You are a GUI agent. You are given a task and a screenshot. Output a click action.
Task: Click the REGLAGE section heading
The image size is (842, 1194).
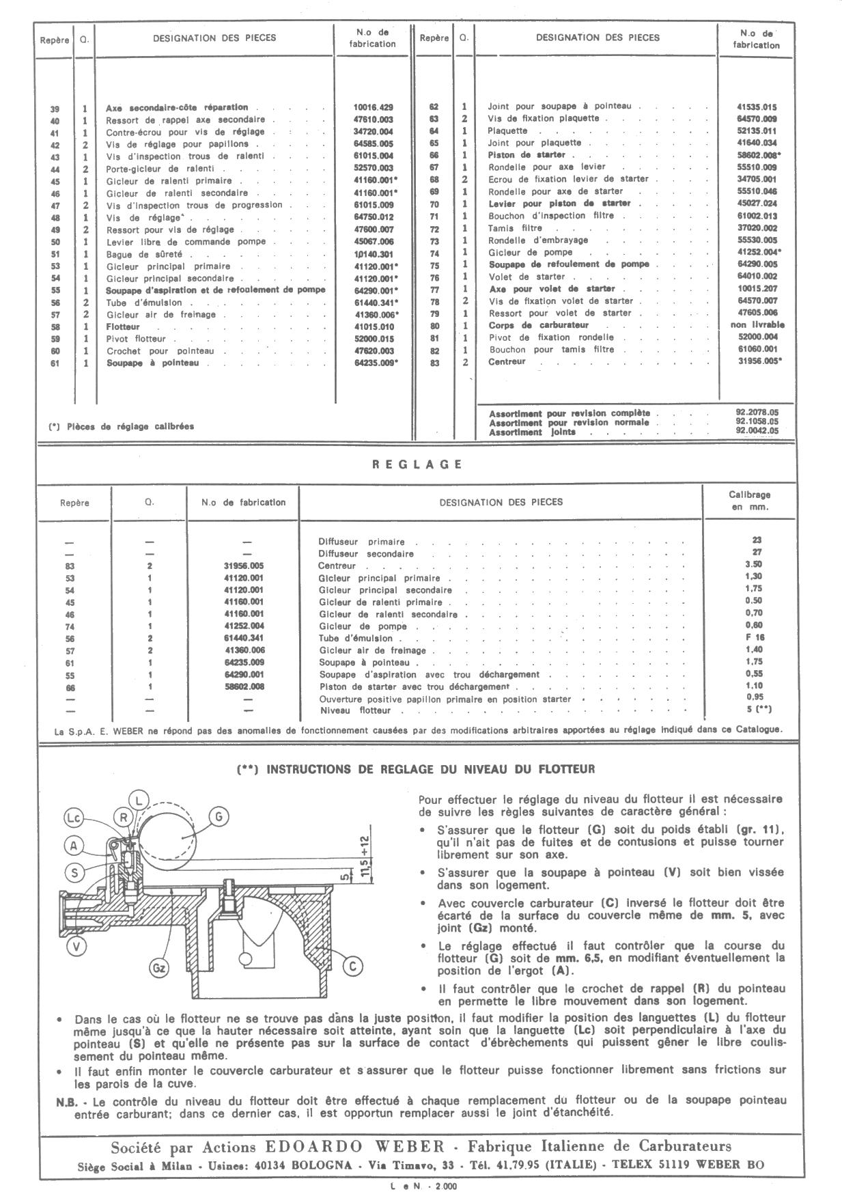417,464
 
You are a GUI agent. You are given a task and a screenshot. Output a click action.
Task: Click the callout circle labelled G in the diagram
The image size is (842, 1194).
219,817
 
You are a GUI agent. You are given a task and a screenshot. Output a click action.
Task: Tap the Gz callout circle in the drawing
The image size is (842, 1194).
159,968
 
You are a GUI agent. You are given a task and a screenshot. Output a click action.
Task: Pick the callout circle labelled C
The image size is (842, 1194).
352,966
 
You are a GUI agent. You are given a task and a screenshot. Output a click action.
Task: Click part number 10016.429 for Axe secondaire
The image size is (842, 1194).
373,107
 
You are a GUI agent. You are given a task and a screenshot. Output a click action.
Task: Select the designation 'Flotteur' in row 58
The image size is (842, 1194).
123,327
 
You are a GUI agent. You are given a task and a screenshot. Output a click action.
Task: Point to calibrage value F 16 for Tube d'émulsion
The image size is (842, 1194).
757,637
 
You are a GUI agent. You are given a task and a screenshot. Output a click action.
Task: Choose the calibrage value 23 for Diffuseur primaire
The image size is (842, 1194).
757,540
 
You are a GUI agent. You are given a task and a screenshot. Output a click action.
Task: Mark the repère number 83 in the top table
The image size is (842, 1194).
434,362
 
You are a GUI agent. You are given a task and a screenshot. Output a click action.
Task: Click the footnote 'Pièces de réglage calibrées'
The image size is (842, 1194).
130,426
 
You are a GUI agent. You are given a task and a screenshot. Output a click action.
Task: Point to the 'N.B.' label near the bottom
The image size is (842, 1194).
67,1100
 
